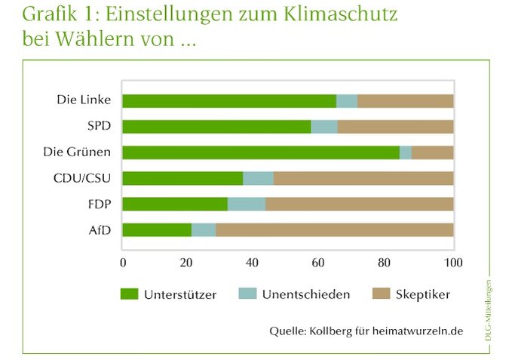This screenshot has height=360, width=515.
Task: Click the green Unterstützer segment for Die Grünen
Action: tap(261, 152)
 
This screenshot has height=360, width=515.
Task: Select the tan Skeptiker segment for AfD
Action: tap(335, 229)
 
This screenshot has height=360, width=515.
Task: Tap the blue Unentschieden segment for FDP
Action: tap(247, 204)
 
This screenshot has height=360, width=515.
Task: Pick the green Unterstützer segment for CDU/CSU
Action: tap(182, 178)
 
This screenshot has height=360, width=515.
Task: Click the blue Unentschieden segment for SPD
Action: tap(324, 127)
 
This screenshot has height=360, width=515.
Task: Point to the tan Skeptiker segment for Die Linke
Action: tap(406, 101)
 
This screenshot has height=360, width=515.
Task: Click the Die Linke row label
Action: tap(84, 100)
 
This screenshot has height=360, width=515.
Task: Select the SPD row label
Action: tap(98, 126)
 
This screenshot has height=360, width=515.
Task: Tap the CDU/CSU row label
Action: tap(85, 178)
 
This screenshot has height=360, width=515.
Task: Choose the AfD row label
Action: tap(100, 229)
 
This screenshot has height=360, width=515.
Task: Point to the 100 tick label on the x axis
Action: tap(453, 263)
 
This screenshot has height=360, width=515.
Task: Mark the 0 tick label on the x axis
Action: tap(123, 263)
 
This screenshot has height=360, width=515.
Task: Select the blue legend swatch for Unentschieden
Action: tap(247, 294)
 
